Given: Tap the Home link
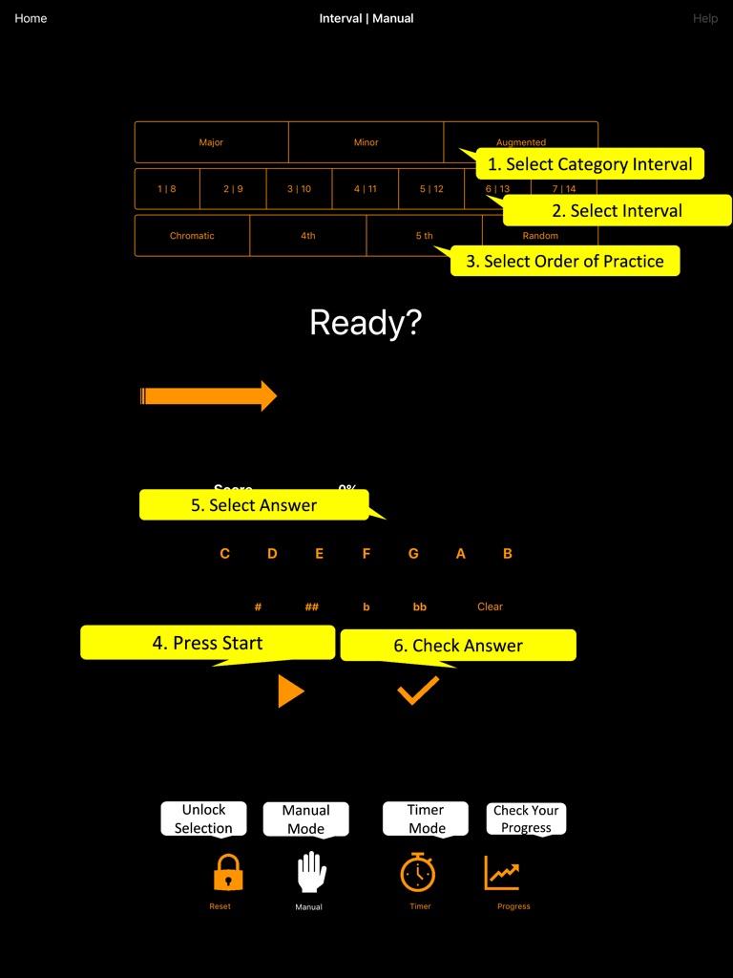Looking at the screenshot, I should click(x=31, y=18).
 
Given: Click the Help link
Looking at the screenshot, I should click(x=705, y=18).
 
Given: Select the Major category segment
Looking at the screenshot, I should click(x=211, y=142).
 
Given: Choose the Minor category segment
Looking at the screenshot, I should click(x=366, y=142).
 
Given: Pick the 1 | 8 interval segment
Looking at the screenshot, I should click(x=167, y=189).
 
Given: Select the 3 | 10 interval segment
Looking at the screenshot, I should click(x=299, y=189).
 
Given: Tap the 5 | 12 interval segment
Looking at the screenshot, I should click(x=431, y=189).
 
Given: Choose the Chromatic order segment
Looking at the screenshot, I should click(x=192, y=236).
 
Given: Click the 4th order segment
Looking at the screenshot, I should click(x=307, y=236).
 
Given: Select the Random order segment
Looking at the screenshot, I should click(x=540, y=236).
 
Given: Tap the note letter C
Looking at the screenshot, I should click(x=224, y=554).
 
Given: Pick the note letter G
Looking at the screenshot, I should click(x=413, y=554).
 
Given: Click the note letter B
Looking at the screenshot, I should click(x=508, y=554).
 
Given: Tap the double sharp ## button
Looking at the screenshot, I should click(x=311, y=606).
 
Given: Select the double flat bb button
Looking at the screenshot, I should click(x=419, y=606).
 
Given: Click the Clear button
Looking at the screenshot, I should click(x=490, y=606).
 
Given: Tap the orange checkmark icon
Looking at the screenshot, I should click(x=418, y=690).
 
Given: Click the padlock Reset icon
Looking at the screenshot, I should click(x=227, y=873).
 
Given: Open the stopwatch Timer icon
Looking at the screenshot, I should click(x=418, y=873).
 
